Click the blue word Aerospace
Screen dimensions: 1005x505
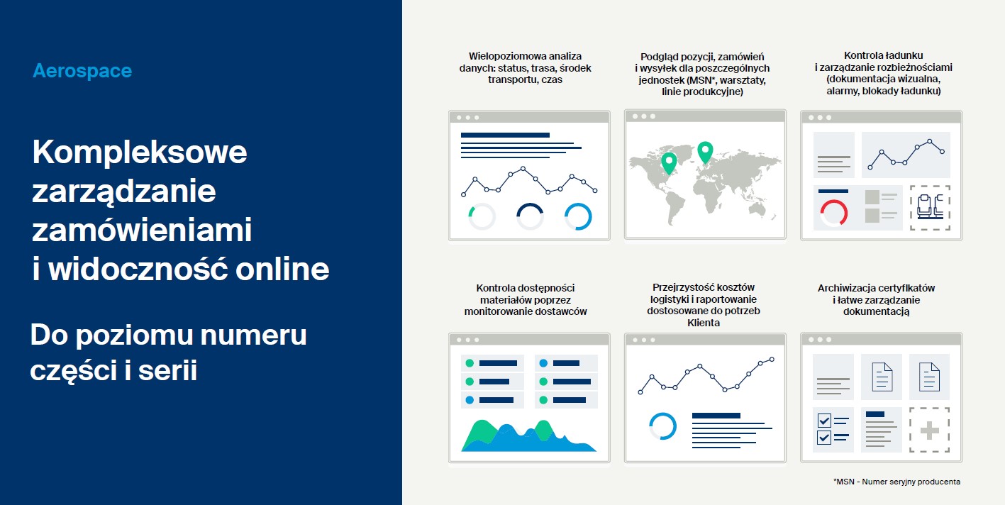pos(82,71)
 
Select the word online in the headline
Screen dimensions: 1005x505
pos(282,269)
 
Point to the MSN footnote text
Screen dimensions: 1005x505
pos(897,482)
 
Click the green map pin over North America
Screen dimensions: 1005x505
pos(669,162)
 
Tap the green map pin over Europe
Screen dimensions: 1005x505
pos(705,150)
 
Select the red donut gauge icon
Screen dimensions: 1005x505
pos(833,213)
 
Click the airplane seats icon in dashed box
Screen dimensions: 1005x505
pos(930,207)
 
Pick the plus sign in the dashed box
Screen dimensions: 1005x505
pos(930,431)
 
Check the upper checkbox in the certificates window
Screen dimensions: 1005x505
pos(824,421)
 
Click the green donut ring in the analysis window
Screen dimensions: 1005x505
pos(482,216)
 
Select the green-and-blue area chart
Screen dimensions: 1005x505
pos(528,435)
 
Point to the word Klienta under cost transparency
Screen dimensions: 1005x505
pos(704,323)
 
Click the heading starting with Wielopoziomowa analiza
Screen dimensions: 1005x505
pos(525,67)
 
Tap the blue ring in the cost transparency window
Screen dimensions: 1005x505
pos(662,426)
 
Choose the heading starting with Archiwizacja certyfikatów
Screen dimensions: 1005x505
pos(876,299)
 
